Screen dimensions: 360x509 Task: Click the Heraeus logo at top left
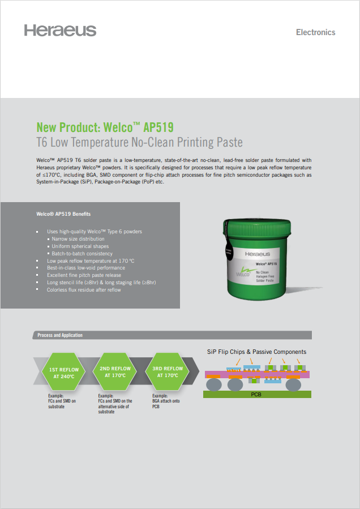coord(60,30)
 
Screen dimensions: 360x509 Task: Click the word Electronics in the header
coord(315,32)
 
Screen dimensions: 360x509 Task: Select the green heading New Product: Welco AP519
coord(105,127)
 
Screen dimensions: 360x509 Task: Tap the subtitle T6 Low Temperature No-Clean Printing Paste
coord(139,142)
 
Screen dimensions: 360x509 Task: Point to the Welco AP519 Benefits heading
coord(63,214)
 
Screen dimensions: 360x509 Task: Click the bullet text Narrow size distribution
coord(78,239)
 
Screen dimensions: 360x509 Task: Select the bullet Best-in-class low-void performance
coord(86,268)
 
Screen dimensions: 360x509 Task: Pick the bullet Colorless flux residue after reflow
coord(84,289)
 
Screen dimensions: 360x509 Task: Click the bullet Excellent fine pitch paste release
coord(84,275)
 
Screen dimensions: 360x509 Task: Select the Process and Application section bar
coord(172,335)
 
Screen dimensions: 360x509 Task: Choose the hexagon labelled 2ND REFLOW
coord(115,372)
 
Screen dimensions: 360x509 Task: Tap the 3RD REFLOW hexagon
coord(168,372)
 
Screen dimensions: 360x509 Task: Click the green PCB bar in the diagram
coord(257,395)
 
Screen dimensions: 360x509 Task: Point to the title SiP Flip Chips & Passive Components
coord(256,352)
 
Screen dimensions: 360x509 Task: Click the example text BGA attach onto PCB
coord(166,401)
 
